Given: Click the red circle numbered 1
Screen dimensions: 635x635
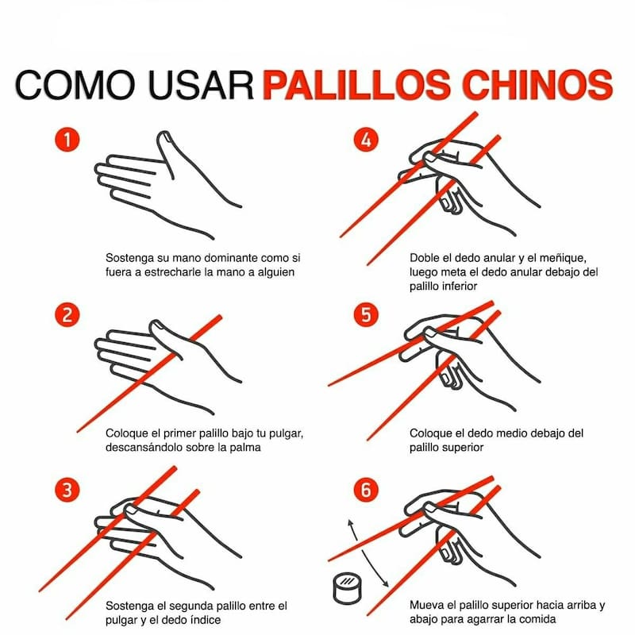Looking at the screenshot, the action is pyautogui.click(x=67, y=140).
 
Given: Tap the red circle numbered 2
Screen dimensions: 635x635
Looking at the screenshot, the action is pyautogui.click(x=67, y=315).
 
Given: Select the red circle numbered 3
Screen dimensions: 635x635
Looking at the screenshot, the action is pyautogui.click(x=67, y=490).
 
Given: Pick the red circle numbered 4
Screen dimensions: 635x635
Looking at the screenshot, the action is pyautogui.click(x=366, y=140).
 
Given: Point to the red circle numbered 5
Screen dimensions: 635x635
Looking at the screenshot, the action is pyautogui.click(x=366, y=315).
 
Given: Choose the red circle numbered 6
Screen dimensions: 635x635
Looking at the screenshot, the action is pyautogui.click(x=366, y=490).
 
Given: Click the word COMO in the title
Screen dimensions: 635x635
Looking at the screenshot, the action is pyautogui.click(x=75, y=85).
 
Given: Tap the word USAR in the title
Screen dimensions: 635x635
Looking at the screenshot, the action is pyautogui.click(x=201, y=85).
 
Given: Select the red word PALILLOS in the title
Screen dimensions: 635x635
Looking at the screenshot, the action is pyautogui.click(x=356, y=85).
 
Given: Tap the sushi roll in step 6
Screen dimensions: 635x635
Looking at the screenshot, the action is pyautogui.click(x=347, y=588).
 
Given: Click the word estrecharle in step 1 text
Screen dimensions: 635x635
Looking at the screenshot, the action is pyautogui.click(x=173, y=272).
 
